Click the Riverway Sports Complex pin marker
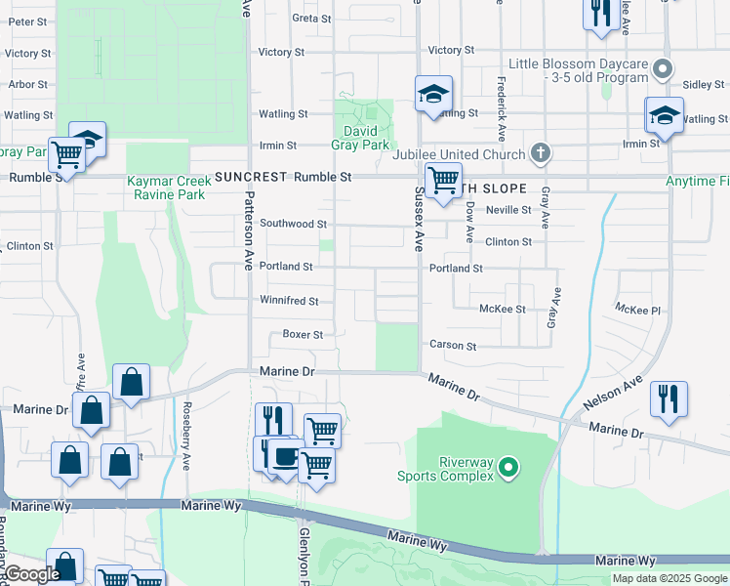click(x=507, y=470)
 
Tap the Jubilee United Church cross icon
click(x=541, y=154)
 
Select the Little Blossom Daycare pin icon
click(x=663, y=68)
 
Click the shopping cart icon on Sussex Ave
click(x=443, y=180)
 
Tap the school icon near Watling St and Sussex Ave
click(x=433, y=95)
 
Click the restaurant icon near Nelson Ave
click(x=669, y=398)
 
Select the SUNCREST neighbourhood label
click(x=252, y=177)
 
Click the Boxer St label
click(x=303, y=335)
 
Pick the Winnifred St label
click(x=289, y=301)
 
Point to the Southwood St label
click(x=293, y=224)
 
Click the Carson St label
click(x=453, y=346)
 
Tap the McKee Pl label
click(x=638, y=310)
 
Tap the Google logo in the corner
click(x=32, y=575)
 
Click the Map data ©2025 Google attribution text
click(x=669, y=578)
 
